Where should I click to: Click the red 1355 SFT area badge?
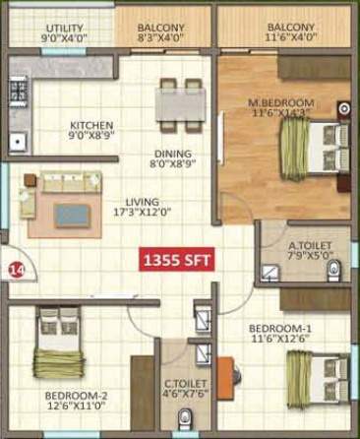178,261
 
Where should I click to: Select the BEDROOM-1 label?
279,328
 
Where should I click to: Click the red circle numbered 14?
15,267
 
